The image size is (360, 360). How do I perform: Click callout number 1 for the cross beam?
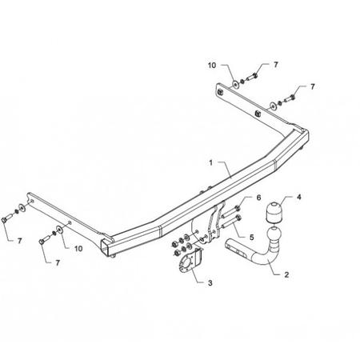tap(210, 162)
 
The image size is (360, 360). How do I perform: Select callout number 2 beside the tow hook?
tap(286, 274)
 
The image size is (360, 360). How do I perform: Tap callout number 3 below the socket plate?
tap(210, 282)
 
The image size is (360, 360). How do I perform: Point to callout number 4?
tap(299, 197)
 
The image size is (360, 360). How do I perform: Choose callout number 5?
tap(252, 237)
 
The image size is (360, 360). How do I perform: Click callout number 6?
tap(258, 198)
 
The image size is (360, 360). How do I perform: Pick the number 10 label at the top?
tap(212, 65)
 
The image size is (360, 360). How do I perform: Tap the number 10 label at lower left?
tap(78, 249)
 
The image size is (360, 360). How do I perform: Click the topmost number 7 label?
tap(276, 65)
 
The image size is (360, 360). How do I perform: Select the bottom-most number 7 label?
tap(58, 262)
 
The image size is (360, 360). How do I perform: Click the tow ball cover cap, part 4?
tap(274, 213)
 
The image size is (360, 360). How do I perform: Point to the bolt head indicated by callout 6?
tap(238, 208)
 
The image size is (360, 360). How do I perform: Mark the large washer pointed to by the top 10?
tap(236, 85)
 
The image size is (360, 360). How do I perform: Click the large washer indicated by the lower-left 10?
tap(58, 230)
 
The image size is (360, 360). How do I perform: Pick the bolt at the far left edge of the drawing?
tap(7, 218)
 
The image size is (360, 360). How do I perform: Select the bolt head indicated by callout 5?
tap(239, 218)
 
